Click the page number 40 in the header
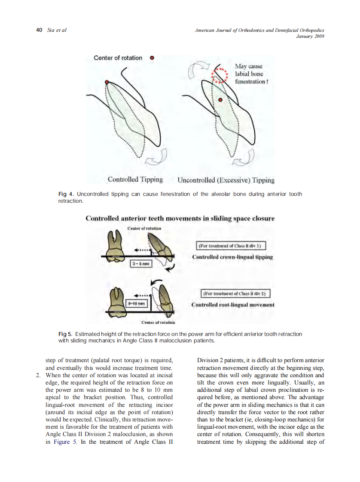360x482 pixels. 39,30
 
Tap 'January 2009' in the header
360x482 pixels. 310,36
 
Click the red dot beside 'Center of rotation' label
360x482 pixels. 152,58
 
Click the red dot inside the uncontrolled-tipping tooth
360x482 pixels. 220,100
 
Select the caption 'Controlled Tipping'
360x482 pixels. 135,180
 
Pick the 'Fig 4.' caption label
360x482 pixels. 66,194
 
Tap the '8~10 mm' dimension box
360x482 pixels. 137,303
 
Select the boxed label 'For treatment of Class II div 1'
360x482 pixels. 231,246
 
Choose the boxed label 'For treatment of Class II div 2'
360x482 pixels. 235,294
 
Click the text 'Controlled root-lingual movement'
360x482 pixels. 232,305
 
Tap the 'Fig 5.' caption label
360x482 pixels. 66,334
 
